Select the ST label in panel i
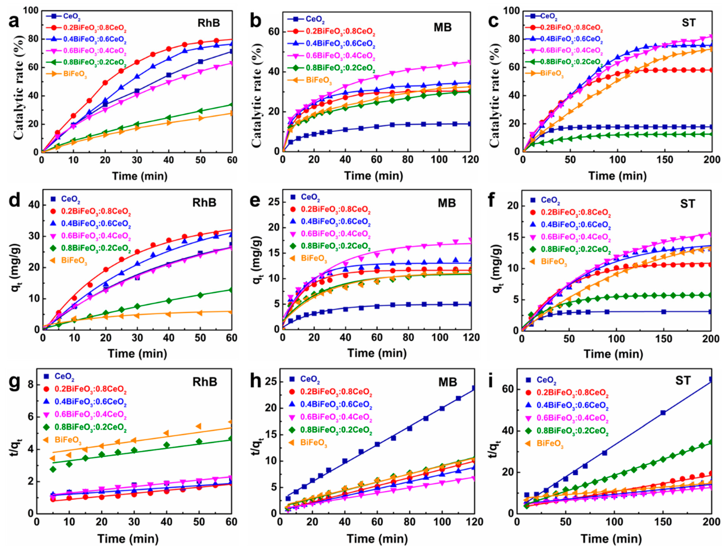tap(683, 381)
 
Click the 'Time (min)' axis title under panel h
tap(377, 538)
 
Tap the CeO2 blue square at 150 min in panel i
tap(663, 412)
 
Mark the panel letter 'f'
tap(492, 201)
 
